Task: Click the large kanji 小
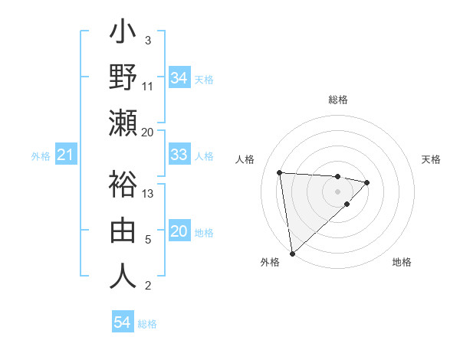pyautogui.click(x=123, y=34)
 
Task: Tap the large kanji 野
pyautogui.click(x=123, y=79)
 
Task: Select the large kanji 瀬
pyautogui.click(x=123, y=124)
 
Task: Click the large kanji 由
pyautogui.click(x=123, y=231)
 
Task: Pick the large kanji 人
pyautogui.click(x=123, y=277)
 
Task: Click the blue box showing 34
pyautogui.click(x=179, y=78)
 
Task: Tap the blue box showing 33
pyautogui.click(x=179, y=155)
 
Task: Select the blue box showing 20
pyautogui.click(x=179, y=232)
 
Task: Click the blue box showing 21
pyautogui.click(x=65, y=155)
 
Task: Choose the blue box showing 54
pyautogui.click(x=122, y=323)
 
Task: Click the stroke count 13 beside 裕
pyautogui.click(x=149, y=193)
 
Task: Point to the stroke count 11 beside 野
pyautogui.click(x=149, y=86)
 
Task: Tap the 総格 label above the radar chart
pyautogui.click(x=337, y=100)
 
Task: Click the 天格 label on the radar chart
pyautogui.click(x=432, y=159)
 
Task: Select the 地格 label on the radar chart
pyautogui.click(x=402, y=262)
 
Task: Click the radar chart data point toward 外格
pyautogui.click(x=292, y=253)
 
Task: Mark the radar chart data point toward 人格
pyautogui.click(x=280, y=172)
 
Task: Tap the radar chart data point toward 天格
pyautogui.click(x=367, y=182)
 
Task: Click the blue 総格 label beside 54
pyautogui.click(x=147, y=324)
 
